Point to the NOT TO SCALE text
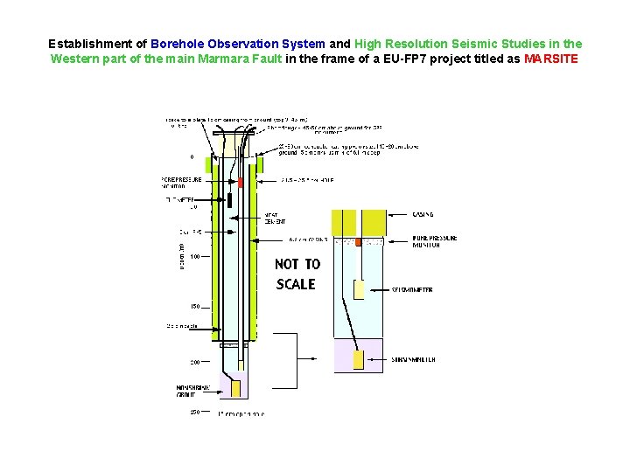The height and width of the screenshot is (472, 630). pos(297,274)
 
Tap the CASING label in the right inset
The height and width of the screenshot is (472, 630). pos(423,214)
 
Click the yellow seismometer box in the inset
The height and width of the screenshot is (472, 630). pos(359,289)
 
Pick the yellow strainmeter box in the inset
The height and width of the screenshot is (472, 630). pos(358,359)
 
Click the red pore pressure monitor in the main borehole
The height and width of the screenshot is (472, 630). pos(241,182)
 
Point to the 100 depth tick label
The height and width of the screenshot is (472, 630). pos(195,256)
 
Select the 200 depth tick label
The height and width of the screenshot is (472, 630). pos(195,361)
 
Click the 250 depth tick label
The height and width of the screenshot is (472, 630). pos(195,412)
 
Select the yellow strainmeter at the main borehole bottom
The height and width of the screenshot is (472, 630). pos(234,387)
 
